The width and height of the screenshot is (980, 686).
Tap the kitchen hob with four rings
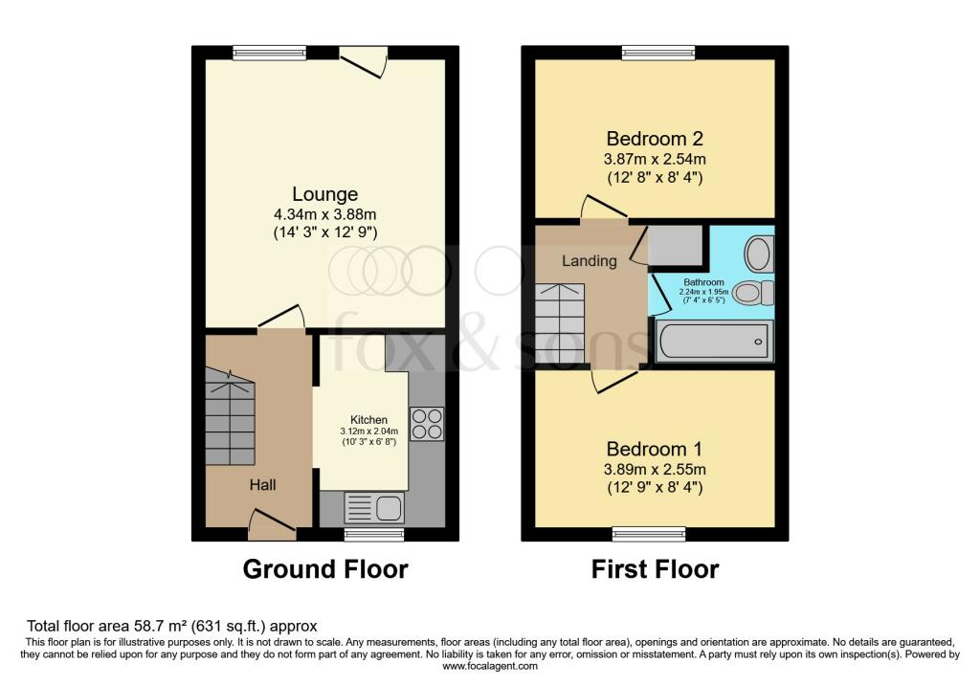tap(426, 424)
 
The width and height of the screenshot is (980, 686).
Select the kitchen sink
tap(374, 507)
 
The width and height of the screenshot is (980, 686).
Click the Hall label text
tap(263, 485)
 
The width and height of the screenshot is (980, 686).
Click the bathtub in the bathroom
tap(713, 341)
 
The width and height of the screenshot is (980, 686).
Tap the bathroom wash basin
tap(760, 254)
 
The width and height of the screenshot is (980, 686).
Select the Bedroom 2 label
tap(655, 137)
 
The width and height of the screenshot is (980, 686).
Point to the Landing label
tap(589, 260)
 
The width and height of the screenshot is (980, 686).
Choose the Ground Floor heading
tap(325, 569)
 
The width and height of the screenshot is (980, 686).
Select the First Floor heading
tap(655, 569)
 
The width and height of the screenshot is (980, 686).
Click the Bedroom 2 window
tap(651, 53)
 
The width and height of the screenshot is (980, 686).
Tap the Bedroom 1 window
tap(649, 533)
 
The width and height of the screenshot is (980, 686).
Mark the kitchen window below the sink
tap(374, 533)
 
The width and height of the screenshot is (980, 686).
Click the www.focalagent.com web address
tap(490, 666)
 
